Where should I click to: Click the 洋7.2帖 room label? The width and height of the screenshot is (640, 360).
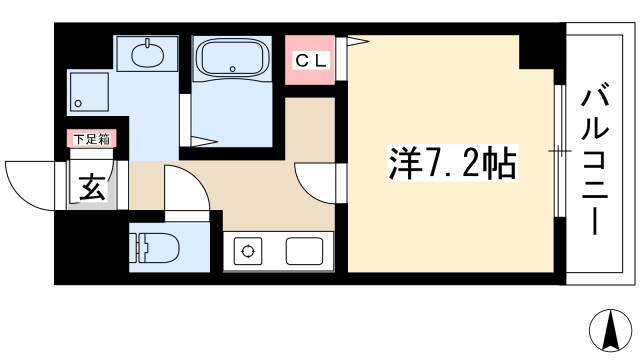click(x=452, y=163)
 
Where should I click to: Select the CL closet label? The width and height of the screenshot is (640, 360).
click(x=311, y=61)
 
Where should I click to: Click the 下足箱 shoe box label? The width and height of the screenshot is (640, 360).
click(x=92, y=139)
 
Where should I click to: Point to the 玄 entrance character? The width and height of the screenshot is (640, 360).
click(x=92, y=187)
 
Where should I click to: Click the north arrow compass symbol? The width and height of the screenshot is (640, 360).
click(x=611, y=331)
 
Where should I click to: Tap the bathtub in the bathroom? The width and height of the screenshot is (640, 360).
click(x=232, y=58)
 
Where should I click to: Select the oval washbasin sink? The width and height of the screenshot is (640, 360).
click(x=148, y=53)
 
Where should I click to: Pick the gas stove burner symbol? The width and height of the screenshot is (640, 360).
click(x=248, y=251)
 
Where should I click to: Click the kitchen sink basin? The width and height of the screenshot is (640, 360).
click(x=304, y=251)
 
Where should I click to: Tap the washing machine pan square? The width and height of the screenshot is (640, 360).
click(x=89, y=92)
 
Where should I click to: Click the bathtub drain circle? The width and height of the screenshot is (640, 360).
click(x=232, y=69)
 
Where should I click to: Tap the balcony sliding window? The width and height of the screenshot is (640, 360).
click(x=560, y=151)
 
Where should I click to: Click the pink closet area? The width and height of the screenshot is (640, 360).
click(x=310, y=60)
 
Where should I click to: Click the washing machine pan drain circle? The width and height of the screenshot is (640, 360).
click(x=78, y=104)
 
